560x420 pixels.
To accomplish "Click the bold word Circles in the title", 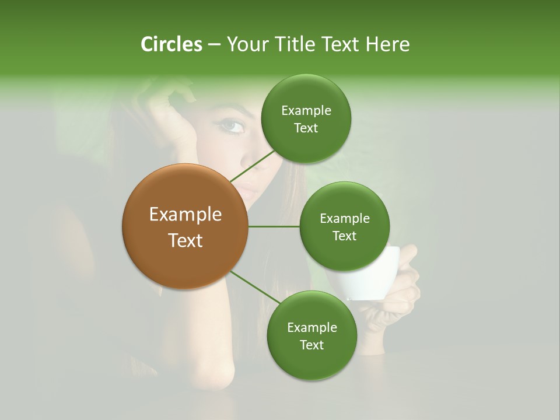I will point(171,44).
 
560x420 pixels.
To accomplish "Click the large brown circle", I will point(185,226).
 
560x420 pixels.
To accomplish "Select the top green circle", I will point(306,119).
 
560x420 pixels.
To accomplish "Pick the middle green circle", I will point(344,226).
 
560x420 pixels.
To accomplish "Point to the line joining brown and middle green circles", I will point(274,226).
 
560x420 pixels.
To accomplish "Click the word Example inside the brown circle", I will point(185,215).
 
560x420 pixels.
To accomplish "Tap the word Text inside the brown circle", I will point(185,240).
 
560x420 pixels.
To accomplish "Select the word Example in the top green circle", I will point(306,111).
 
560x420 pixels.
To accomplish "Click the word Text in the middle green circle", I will point(344,236).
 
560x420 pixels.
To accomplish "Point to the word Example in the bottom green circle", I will point(311,328).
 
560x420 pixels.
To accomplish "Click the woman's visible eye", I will point(231,125).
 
